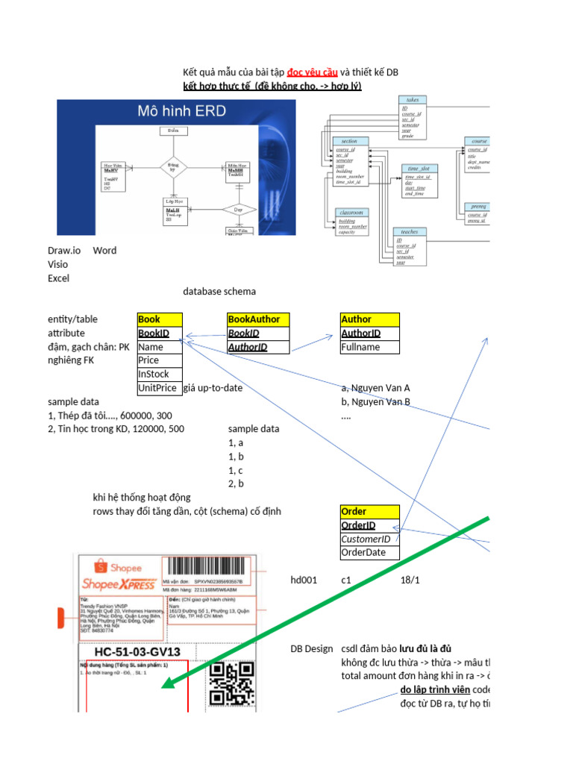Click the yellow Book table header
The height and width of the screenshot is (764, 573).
tap(159, 319)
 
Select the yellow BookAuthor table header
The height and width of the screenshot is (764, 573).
tap(257, 319)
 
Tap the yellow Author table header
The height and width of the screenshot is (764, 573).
tap(369, 319)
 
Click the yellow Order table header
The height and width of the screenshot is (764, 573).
tap(369, 512)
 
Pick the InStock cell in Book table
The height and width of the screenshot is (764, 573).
tap(159, 375)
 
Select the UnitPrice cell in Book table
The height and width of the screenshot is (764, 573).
tap(159, 388)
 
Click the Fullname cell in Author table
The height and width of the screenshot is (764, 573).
tap(369, 347)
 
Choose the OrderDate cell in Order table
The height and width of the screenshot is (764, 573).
tap(369, 553)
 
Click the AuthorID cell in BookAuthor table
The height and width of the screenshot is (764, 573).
tap(257, 347)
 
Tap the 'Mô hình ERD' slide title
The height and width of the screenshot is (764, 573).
tap(181, 113)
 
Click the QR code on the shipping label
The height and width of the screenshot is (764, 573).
tap(232, 683)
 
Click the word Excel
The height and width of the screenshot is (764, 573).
tap(58, 278)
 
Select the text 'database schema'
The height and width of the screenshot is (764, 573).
tap(219, 292)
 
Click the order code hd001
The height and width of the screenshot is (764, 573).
tap(304, 580)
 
